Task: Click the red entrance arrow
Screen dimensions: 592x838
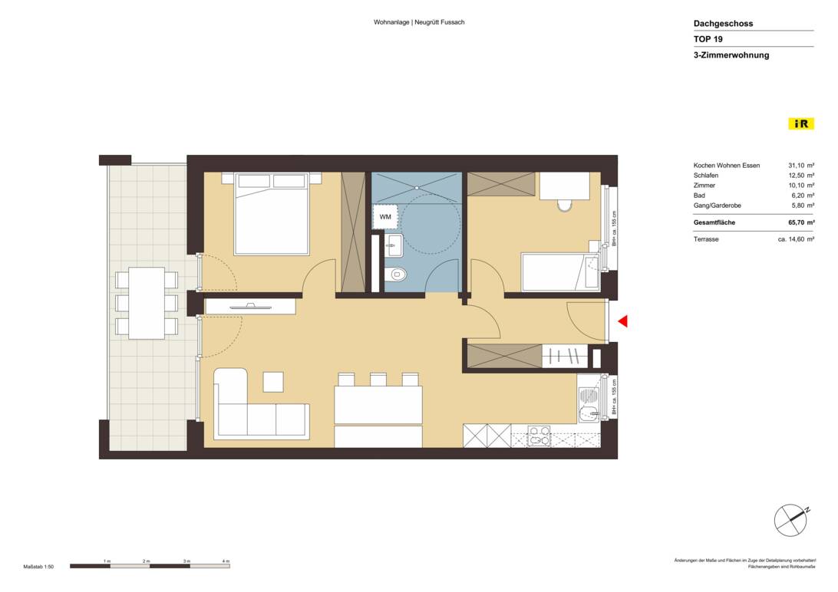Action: point(623,321)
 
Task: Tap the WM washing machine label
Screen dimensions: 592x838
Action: point(385,217)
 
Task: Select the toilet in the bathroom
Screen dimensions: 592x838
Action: point(397,274)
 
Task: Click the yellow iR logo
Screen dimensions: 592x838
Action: point(800,123)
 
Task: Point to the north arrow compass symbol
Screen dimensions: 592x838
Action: point(790,521)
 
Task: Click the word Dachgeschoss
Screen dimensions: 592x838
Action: point(723,24)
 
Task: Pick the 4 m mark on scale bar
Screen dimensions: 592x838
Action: point(226,562)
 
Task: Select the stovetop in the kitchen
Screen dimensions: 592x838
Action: point(539,435)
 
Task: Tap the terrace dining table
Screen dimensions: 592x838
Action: point(146,302)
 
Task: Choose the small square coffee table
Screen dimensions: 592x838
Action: point(273,381)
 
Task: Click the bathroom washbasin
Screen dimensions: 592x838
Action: point(394,247)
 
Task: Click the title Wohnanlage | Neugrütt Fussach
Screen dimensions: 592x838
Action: point(419,22)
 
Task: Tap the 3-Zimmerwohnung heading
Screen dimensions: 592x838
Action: point(731,55)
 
